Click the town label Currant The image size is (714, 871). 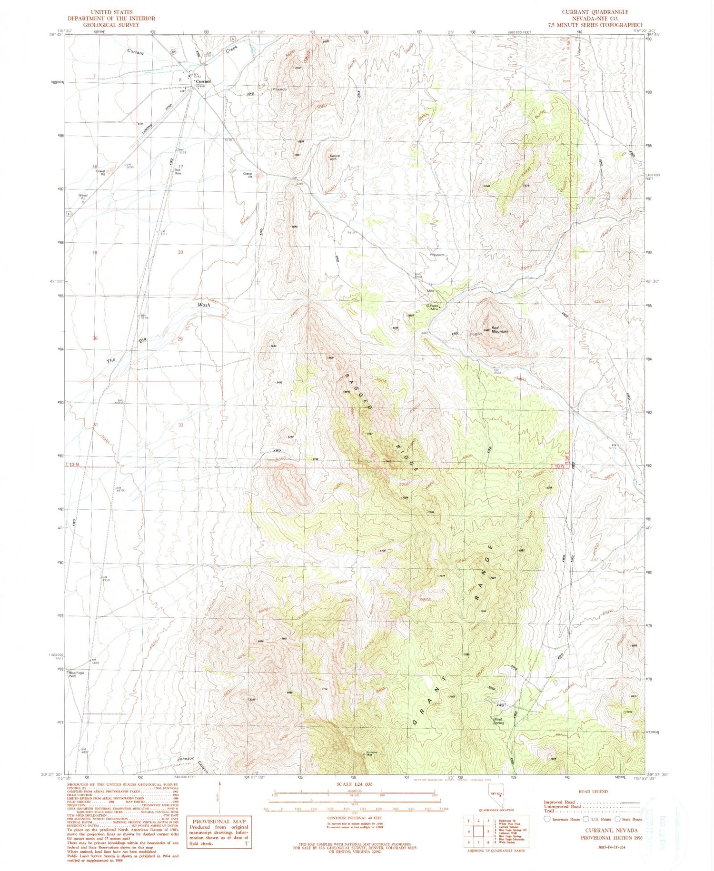pos(204,81)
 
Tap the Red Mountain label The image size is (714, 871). pos(500,329)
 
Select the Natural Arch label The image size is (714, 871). pos(334,158)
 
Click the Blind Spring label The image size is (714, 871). pos(498,721)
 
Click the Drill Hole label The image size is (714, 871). pos(178,171)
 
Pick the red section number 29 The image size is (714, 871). pos(180,339)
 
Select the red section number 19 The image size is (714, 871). pos(95,253)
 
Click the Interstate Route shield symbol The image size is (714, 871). pos(547,819)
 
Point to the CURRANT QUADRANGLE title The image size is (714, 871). pos(595,12)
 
